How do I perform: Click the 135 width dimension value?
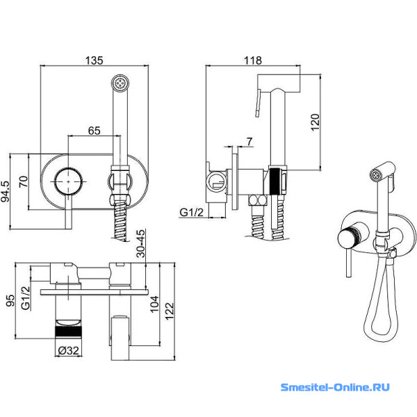(x=95, y=60)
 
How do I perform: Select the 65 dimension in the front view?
(x=95, y=130)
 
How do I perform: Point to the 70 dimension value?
(x=24, y=182)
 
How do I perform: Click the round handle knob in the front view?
(x=70, y=181)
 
